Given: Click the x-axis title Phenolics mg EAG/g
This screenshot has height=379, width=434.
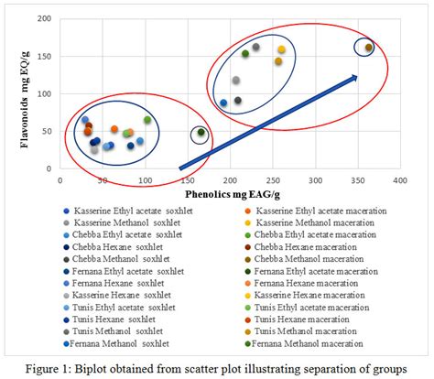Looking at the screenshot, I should tap(229, 194).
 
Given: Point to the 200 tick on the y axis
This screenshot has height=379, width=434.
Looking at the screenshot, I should tap(43, 18).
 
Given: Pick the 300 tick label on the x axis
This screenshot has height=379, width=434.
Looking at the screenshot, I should tap(315, 181).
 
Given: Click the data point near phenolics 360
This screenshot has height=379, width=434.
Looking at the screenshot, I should tap(368, 48).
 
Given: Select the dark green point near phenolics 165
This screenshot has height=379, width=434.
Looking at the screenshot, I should tap(201, 133).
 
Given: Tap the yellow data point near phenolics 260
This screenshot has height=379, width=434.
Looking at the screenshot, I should tap(281, 49).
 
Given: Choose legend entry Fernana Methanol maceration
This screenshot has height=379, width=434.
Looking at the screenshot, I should tap(317, 343).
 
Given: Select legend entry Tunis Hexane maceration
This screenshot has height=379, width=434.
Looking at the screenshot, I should tap(307, 319).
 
